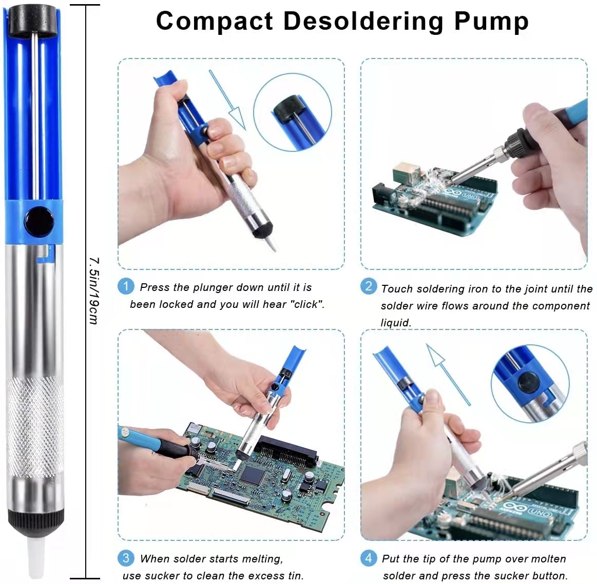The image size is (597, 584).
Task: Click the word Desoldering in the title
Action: [x=363, y=22]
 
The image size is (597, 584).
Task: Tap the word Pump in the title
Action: [x=492, y=22]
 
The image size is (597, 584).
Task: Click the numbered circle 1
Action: [x=126, y=286]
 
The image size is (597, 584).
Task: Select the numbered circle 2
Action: [x=369, y=286]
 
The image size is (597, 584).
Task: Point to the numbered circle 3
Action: [x=126, y=558]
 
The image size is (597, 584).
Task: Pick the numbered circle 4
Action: [x=369, y=558]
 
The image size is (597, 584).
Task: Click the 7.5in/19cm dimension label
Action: [x=94, y=291]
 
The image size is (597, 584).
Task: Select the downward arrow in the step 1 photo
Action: [x=227, y=100]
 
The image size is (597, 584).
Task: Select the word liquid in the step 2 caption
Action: [x=396, y=323]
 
